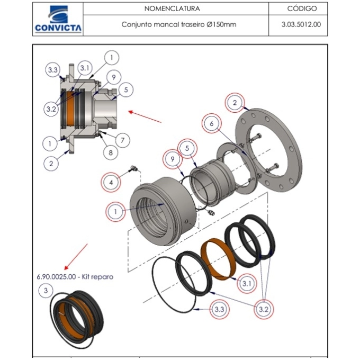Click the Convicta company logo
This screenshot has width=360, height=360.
(x=58, y=20)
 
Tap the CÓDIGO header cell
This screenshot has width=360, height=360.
(x=302, y=9)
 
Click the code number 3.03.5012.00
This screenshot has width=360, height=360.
(x=302, y=24)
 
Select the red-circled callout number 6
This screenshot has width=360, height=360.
(x=212, y=123)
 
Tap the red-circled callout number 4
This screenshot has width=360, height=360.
(x=111, y=183)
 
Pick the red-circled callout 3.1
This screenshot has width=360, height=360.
(x=247, y=284)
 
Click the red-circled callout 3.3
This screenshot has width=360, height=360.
(x=218, y=309)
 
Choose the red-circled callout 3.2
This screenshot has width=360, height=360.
(x=263, y=309)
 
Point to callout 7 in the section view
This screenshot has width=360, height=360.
(x=122, y=140)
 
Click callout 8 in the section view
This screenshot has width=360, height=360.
(x=111, y=153)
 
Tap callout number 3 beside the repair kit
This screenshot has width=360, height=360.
(x=46, y=291)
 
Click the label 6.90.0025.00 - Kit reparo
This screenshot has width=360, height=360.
(x=75, y=276)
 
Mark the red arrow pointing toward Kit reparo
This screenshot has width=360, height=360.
(x=76, y=256)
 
